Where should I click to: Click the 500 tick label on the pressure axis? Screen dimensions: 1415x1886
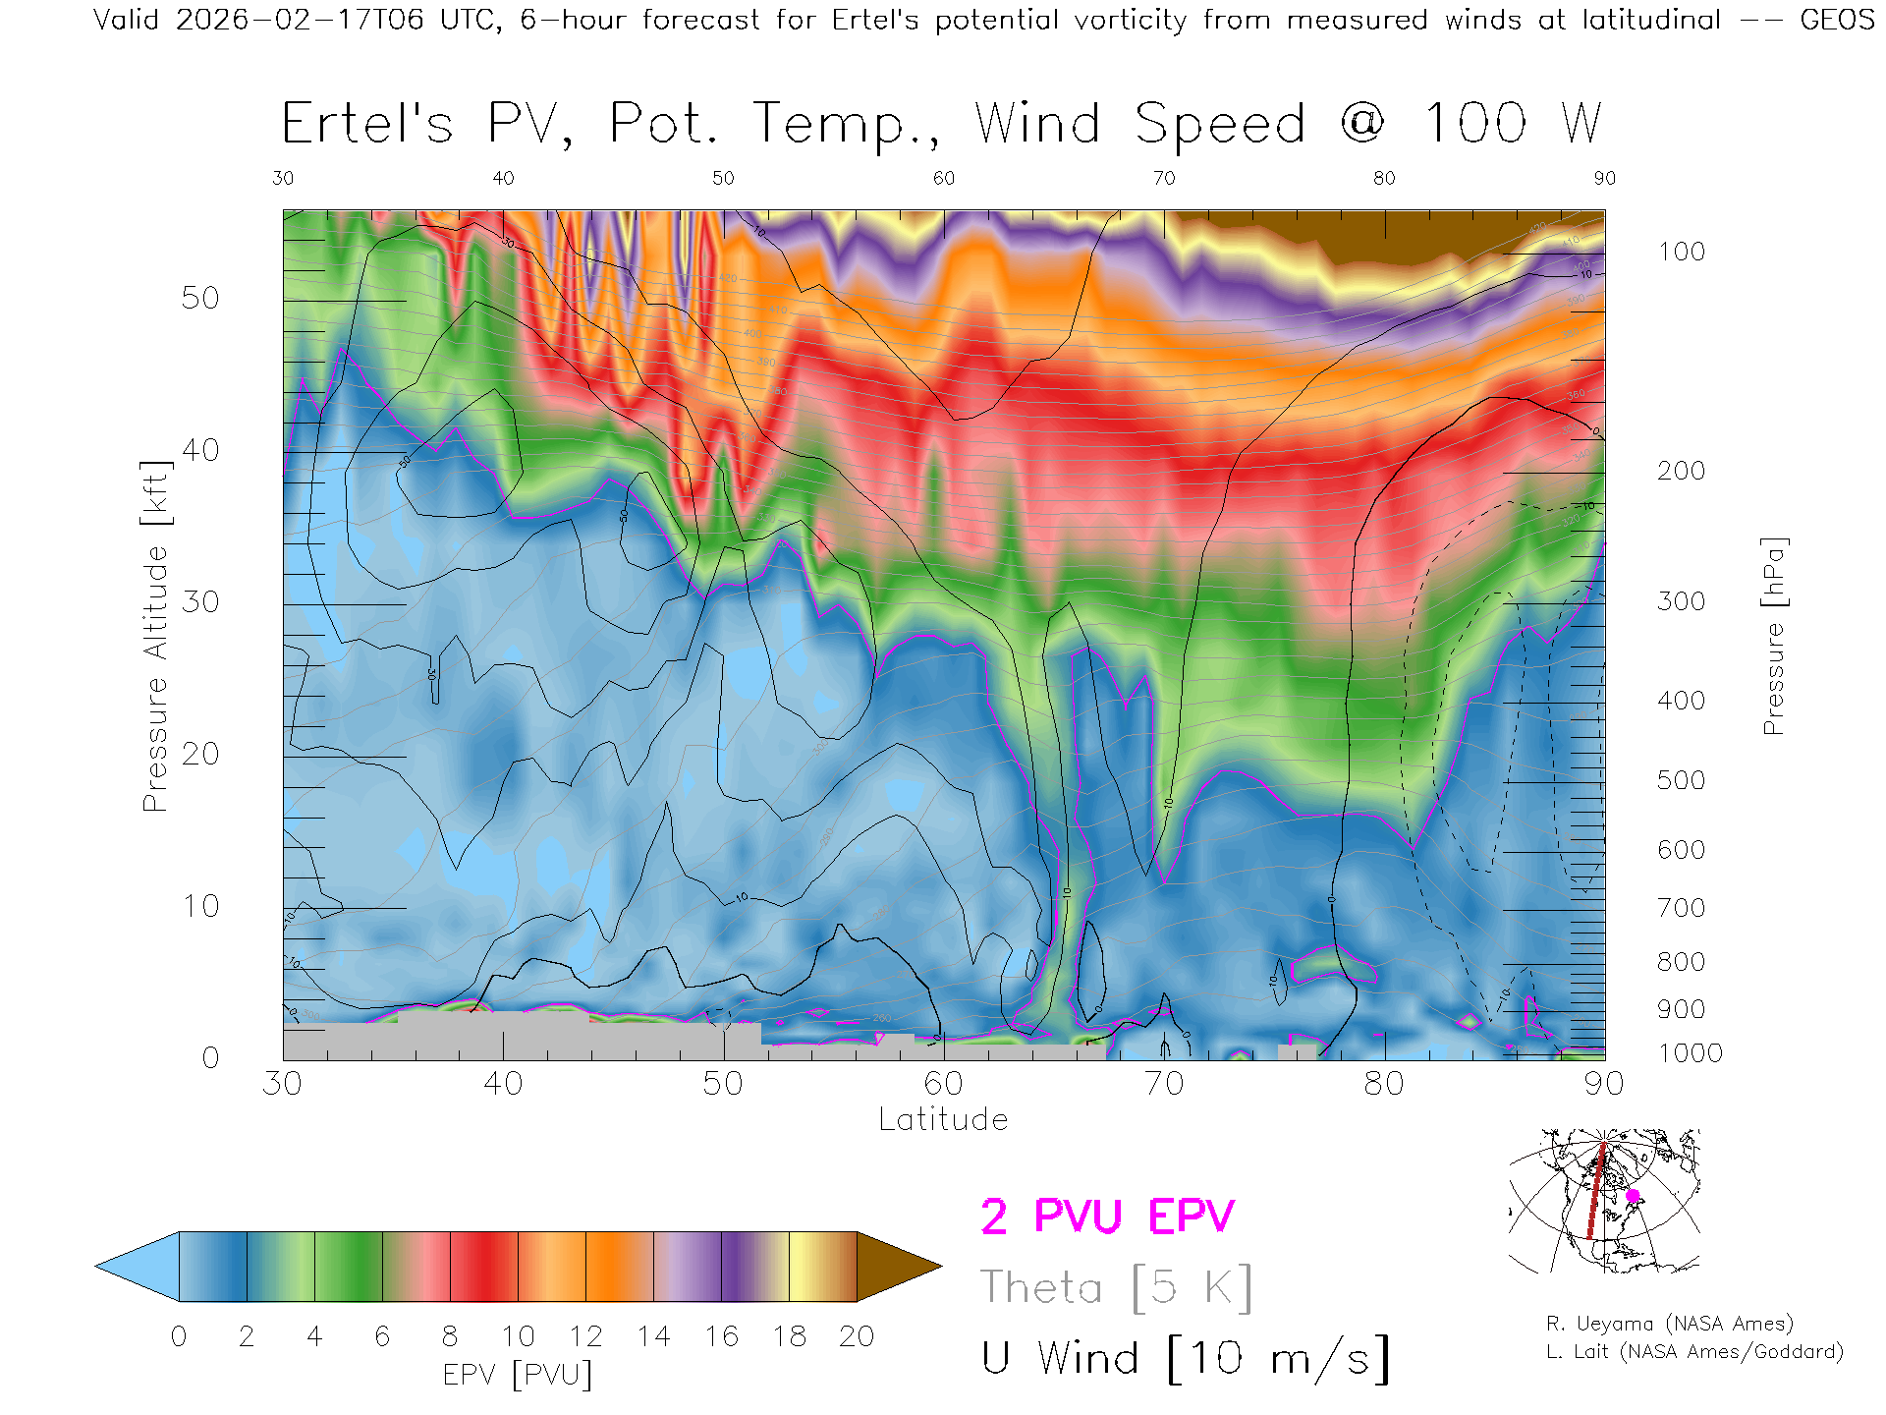click(x=1681, y=780)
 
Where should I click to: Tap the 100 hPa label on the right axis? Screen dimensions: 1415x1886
click(x=1681, y=252)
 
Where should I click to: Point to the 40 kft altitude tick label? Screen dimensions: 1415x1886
click(x=199, y=450)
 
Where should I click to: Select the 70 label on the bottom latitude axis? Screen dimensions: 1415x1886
click(x=1163, y=1083)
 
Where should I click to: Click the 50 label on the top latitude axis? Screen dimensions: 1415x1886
click(x=723, y=178)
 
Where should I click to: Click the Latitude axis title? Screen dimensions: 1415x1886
click(x=943, y=1119)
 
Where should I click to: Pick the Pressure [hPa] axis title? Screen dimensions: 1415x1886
click(x=1773, y=636)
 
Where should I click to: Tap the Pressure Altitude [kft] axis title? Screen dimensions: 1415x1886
click(x=155, y=636)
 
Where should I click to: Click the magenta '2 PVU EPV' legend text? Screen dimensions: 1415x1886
click(x=1107, y=1217)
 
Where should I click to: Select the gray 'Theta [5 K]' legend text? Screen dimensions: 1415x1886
click(x=1116, y=1287)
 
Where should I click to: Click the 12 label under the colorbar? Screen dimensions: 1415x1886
click(x=585, y=1336)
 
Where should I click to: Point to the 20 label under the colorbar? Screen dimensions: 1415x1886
click(x=857, y=1336)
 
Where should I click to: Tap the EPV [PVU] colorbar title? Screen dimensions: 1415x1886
click(x=518, y=1375)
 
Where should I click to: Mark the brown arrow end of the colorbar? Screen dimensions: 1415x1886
click(x=898, y=1267)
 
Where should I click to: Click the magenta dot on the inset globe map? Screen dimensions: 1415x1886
click(x=1633, y=1196)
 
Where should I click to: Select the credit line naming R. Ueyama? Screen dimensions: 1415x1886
click(x=1669, y=1324)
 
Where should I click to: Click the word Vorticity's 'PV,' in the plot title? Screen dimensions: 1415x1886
click(x=530, y=125)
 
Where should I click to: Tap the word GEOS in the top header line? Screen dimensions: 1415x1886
click(x=1837, y=20)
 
